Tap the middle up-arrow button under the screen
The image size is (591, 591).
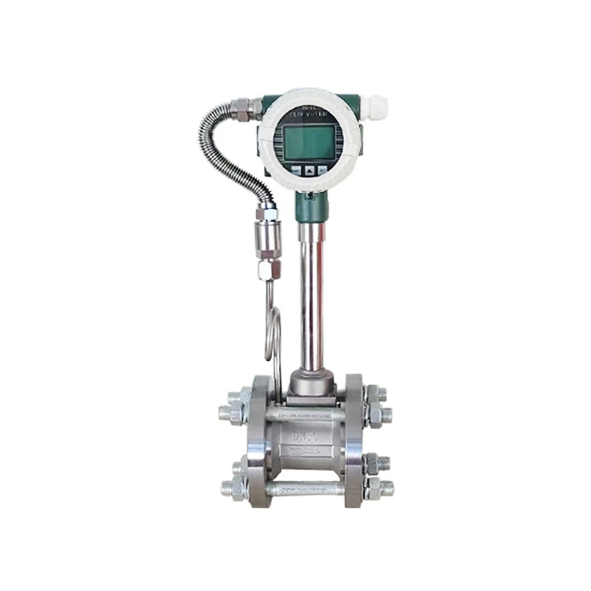click(x=310, y=170)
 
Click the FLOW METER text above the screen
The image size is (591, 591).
click(x=308, y=115)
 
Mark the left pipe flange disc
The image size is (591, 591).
click(x=261, y=440)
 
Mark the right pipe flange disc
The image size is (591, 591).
click(x=354, y=440)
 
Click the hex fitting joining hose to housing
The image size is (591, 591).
click(x=242, y=109)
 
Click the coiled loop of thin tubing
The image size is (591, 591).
click(x=273, y=332)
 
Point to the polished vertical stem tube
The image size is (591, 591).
click(x=310, y=295)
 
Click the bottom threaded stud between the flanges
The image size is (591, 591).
click(x=307, y=488)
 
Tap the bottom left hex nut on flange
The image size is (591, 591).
click(x=235, y=488)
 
